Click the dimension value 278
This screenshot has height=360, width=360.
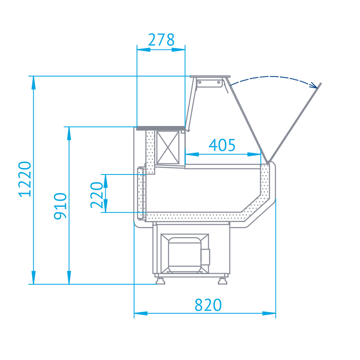[161, 40]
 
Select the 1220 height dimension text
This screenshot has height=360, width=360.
[25, 179]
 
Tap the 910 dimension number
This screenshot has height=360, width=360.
[60, 206]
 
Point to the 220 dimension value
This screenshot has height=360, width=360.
[96, 195]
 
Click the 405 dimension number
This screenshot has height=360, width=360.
[222, 145]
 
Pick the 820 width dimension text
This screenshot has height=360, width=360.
[208, 305]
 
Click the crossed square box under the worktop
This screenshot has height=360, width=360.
[168, 147]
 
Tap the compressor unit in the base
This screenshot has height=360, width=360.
[185, 253]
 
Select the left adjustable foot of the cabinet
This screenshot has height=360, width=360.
[160, 281]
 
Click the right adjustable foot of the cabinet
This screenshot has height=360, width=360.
[222, 281]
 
